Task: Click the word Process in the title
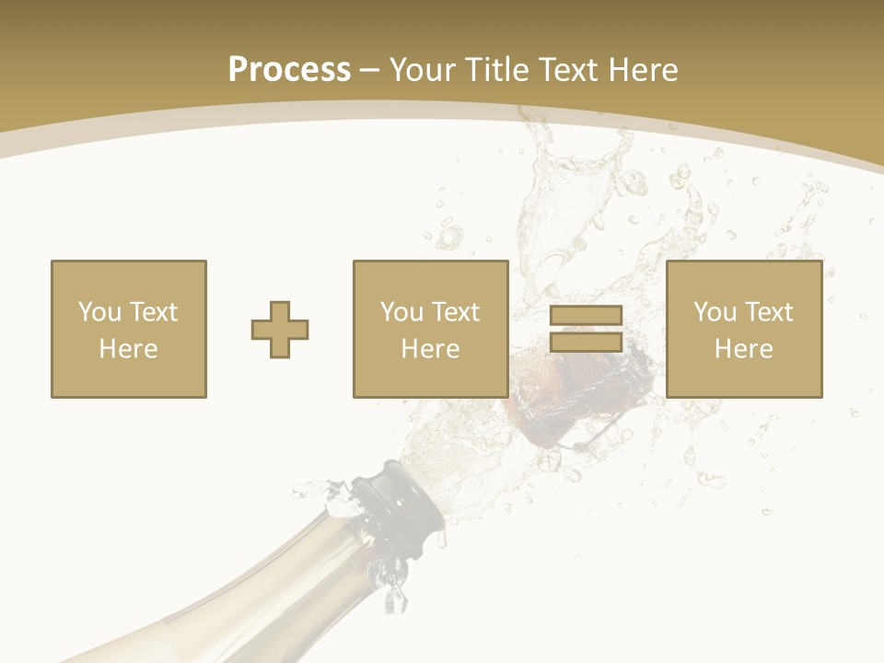pos(289,70)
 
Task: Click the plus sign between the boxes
pos(280,329)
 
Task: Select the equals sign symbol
pos(586,329)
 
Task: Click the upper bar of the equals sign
pos(586,316)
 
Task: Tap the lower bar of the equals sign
pos(586,342)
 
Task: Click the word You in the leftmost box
pos(98,312)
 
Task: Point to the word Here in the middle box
pos(431,349)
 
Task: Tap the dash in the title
pos(370,70)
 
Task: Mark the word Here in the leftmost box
pos(129,349)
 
